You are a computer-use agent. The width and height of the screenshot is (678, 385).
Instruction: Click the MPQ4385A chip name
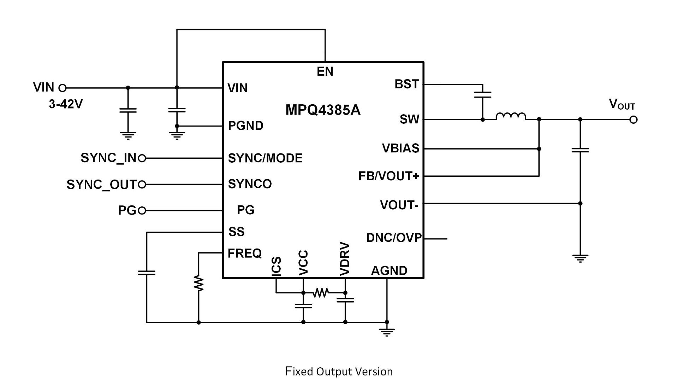[x=323, y=110]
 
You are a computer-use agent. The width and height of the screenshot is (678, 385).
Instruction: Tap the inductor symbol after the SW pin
[x=511, y=116]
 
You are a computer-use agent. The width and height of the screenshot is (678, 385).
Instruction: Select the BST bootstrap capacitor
[x=482, y=94]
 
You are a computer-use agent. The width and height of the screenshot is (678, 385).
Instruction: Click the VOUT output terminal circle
[x=634, y=120]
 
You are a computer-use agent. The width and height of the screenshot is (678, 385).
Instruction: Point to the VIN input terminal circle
[x=63, y=88]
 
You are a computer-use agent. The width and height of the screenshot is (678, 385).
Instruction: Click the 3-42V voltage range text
[x=66, y=104]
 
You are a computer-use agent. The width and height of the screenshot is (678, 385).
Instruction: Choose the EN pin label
[x=325, y=71]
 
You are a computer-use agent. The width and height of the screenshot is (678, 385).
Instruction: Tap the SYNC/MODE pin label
[x=265, y=158]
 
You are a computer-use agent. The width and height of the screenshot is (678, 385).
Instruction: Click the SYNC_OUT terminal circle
[x=142, y=184]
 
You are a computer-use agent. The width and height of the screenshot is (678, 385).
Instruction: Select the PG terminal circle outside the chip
[x=142, y=211]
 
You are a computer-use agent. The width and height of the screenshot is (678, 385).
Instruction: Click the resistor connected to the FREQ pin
[x=199, y=284]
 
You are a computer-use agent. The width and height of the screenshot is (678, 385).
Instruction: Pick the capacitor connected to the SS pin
[x=147, y=273]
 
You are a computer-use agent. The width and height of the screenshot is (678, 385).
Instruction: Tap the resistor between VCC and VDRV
[x=321, y=293]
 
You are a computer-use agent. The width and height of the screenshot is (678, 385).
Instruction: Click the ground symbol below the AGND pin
[x=387, y=332]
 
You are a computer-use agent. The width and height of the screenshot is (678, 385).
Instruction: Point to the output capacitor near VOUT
[x=580, y=150]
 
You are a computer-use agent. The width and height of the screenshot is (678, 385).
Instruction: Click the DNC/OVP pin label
[x=394, y=238]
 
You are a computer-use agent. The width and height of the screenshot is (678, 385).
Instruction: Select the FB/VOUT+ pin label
[x=388, y=176]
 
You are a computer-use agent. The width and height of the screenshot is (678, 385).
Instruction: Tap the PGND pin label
[x=246, y=126]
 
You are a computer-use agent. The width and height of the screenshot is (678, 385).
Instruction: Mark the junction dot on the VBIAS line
[x=539, y=149]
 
